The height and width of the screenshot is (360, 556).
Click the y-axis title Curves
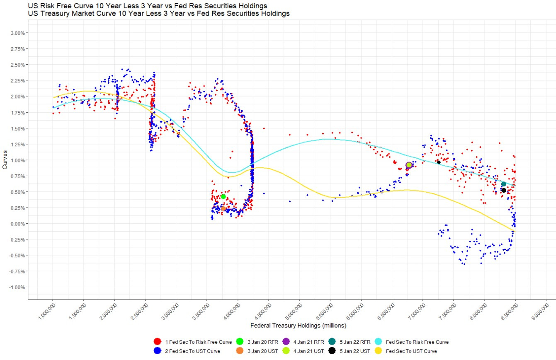pos(5,159)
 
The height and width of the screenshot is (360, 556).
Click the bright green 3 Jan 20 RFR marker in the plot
pos(223,197)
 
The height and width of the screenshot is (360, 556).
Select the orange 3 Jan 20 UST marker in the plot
pos(223,208)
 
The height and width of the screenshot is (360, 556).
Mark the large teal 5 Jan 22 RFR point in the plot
pos(504,184)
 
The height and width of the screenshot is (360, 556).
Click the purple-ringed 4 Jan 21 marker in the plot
pos(409,165)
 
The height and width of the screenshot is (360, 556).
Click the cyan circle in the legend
pos(378,342)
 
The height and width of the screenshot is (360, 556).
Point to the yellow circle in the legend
pos(378,351)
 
